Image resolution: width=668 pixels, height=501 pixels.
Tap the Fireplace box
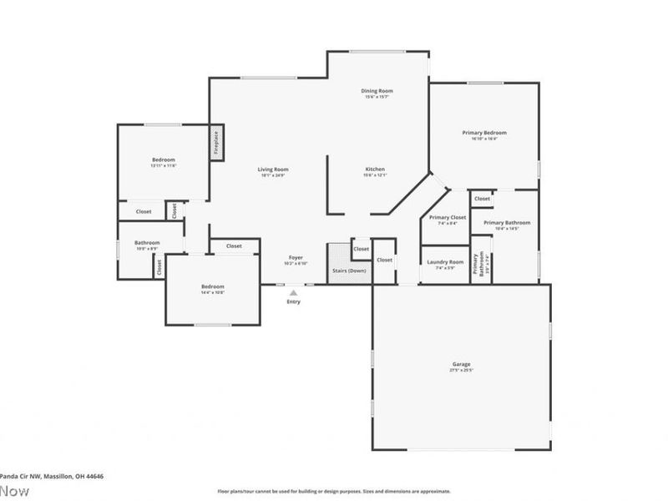215,143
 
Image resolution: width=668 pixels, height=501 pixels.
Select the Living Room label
273,172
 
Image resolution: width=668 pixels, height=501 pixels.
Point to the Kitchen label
375,172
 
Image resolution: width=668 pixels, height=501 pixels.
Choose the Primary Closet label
443,220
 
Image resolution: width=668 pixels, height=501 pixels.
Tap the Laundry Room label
444,264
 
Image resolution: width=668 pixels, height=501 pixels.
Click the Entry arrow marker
292,293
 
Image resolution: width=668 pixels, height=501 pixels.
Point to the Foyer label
296,260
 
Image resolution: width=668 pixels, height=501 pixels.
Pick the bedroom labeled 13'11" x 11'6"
164,162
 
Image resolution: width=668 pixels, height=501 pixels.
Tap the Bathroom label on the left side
147,245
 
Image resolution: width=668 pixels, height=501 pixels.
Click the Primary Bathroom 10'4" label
506,225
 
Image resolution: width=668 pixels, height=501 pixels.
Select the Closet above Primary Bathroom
483,199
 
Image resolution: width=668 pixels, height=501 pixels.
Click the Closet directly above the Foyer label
234,245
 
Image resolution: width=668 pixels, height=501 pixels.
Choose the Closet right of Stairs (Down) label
384,260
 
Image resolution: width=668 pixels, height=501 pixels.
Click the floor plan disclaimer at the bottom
334,492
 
